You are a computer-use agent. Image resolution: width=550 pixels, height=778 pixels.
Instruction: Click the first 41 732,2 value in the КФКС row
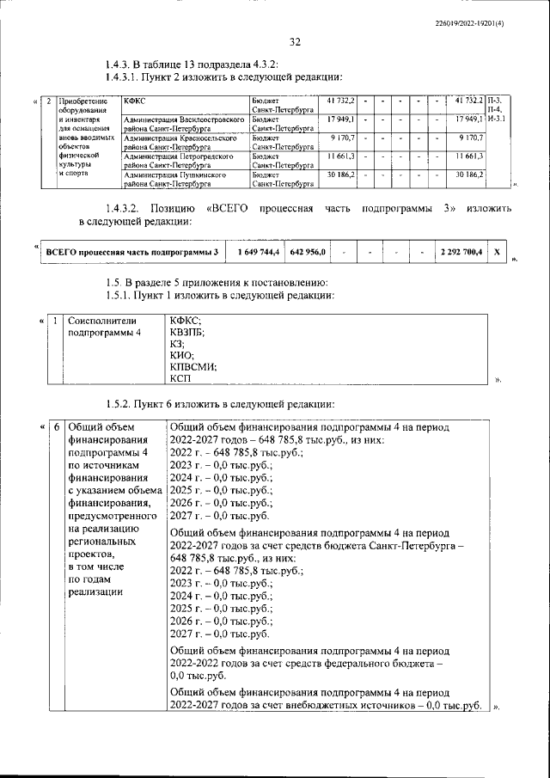pyautogui.click(x=340, y=101)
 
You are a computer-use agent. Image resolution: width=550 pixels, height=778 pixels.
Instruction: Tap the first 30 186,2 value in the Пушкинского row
pyautogui.click(x=340, y=175)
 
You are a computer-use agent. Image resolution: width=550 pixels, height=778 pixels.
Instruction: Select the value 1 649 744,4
pyautogui.click(x=255, y=251)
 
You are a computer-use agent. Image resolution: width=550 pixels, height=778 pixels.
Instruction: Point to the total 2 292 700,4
pyautogui.click(x=461, y=251)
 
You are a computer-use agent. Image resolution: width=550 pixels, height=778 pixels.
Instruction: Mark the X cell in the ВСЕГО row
pyautogui.click(x=497, y=251)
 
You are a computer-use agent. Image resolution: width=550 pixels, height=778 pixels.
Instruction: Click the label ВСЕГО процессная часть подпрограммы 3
pyautogui.click(x=132, y=251)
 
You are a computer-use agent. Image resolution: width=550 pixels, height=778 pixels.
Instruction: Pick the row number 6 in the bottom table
pyautogui.click(x=55, y=426)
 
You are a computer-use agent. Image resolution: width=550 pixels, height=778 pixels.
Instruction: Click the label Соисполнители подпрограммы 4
pyautogui.click(x=105, y=326)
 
